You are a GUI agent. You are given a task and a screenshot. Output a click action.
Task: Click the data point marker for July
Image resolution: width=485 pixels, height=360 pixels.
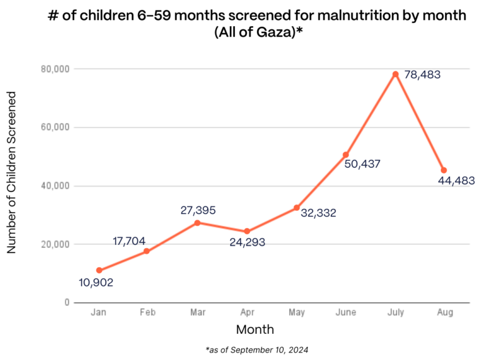click(395, 74)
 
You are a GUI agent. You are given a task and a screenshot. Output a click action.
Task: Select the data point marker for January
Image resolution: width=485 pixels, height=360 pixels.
click(99, 270)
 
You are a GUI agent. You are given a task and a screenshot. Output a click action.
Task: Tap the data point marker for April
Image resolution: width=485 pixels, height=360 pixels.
click(247, 231)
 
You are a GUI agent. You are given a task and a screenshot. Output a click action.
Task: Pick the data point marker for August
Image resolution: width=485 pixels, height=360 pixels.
click(443, 170)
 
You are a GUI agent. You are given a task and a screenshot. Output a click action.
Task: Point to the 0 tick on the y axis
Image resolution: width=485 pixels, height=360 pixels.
click(66, 303)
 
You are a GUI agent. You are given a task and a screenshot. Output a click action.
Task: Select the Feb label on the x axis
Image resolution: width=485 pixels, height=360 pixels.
click(148, 313)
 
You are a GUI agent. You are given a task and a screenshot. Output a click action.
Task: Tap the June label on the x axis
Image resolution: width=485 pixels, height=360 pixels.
click(346, 313)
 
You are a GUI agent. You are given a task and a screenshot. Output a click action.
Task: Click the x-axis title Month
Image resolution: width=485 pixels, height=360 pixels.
click(254, 329)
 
